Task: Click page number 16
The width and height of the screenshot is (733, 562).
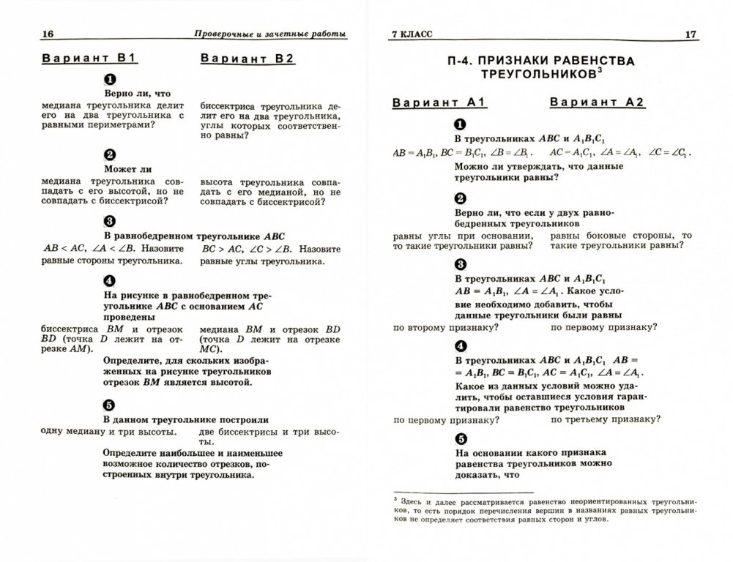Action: click(x=29, y=34)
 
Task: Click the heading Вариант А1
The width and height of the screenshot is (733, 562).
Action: click(x=434, y=102)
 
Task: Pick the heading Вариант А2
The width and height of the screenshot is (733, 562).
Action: click(x=598, y=102)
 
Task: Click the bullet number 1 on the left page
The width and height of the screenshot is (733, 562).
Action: click(x=110, y=78)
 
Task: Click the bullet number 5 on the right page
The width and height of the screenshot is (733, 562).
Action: click(x=460, y=439)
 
